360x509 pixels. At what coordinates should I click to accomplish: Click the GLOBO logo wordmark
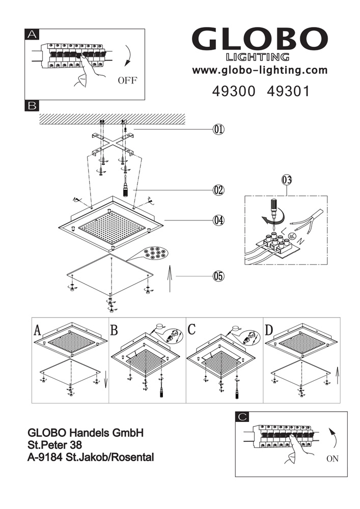click(259, 40)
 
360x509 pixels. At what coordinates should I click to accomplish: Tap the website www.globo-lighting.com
click(259, 70)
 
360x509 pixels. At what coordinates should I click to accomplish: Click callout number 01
click(218, 130)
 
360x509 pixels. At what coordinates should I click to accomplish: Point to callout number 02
click(218, 190)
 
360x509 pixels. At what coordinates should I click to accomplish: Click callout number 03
click(287, 180)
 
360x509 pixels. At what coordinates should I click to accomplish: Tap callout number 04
click(218, 221)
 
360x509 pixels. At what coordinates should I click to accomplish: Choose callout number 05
click(218, 276)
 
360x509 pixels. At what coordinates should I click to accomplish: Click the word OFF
click(127, 80)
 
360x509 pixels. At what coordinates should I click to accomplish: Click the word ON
click(332, 459)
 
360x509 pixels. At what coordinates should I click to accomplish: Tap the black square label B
click(32, 106)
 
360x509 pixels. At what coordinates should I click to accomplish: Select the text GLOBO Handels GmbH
click(85, 433)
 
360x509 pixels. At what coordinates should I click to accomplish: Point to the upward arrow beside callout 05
click(170, 280)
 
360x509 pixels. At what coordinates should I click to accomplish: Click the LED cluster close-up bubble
click(156, 252)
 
